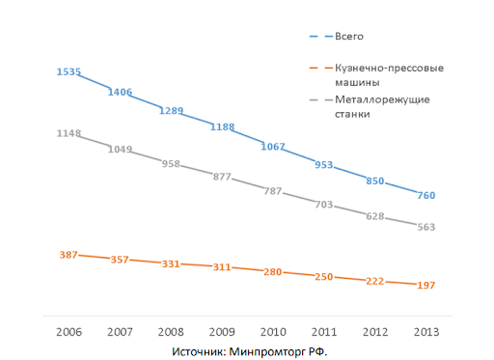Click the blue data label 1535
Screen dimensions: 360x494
[69, 72]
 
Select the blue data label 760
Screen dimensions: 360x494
[425, 196]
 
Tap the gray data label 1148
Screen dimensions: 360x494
[69, 133]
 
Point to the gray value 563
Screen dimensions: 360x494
[425, 227]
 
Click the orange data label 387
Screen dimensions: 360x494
[69, 254]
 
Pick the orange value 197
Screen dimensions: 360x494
[425, 285]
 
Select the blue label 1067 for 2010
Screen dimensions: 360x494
[273, 147]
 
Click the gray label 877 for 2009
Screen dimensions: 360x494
[222, 177]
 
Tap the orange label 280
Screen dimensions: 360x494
[273, 272]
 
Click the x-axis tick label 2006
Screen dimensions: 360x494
[69, 331]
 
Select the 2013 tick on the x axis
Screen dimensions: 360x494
[425, 331]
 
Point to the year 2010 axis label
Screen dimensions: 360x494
[273, 331]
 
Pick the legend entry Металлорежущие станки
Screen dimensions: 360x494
[381, 106]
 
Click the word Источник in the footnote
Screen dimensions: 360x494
[197, 350]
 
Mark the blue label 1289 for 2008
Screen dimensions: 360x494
[171, 111]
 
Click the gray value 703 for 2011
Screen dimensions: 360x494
[324, 205]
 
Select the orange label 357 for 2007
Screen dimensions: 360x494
[120, 260]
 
